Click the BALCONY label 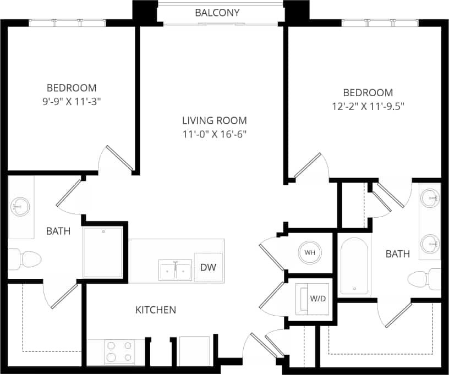click(217, 13)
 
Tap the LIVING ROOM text click(215, 120)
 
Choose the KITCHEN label click(156, 310)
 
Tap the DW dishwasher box click(209, 268)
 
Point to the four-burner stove click(119, 351)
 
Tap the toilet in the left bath click(24, 258)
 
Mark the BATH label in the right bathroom click(397, 254)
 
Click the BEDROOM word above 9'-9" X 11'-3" click(72, 88)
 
